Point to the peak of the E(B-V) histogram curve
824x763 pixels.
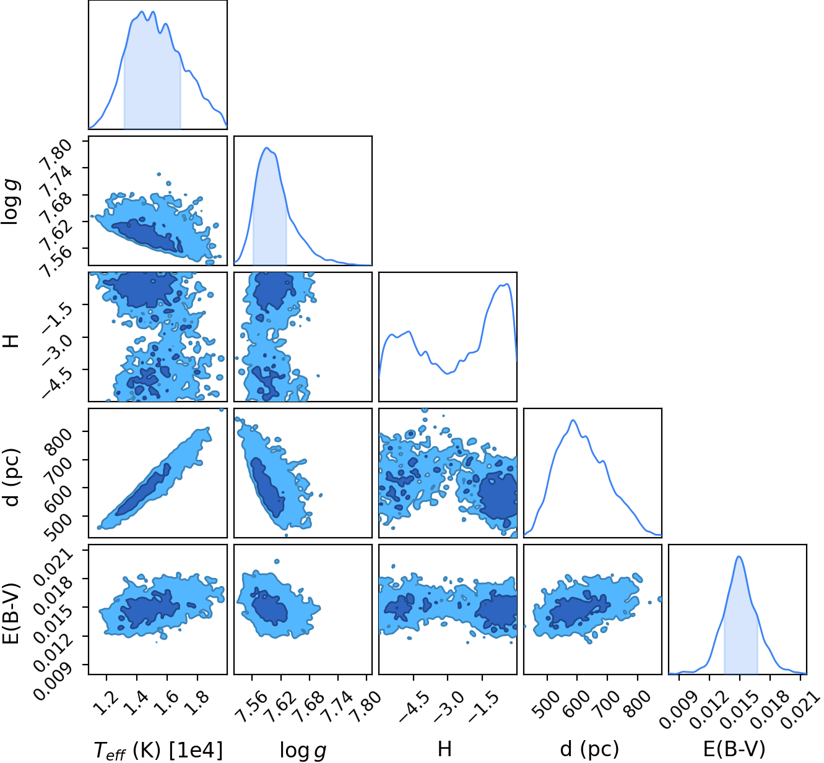[739, 556]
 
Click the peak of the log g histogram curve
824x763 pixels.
[267, 148]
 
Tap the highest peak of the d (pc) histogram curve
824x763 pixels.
[573, 420]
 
